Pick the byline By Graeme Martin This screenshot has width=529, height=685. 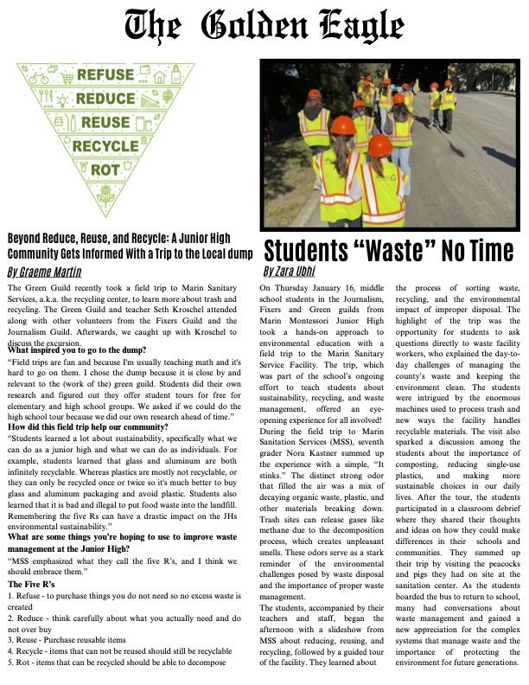[42, 272]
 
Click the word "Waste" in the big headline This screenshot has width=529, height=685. [381, 252]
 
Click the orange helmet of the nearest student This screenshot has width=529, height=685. [379, 144]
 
